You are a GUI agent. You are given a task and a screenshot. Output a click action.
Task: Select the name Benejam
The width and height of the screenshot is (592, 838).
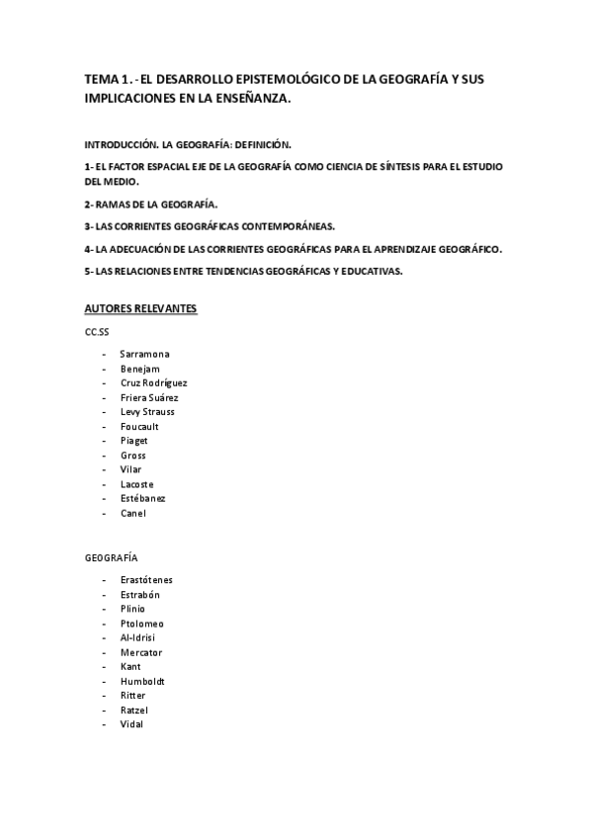[x=139, y=368]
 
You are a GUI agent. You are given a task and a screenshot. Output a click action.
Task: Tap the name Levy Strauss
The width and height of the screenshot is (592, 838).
[x=147, y=411]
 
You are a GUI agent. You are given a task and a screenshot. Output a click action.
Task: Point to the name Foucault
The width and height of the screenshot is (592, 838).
[x=139, y=426]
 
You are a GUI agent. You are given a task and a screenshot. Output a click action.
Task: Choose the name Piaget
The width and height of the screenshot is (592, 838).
[x=134, y=441]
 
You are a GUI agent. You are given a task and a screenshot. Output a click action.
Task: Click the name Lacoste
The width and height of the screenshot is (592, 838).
[x=137, y=484]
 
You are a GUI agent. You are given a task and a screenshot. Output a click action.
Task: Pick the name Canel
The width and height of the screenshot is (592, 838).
[x=132, y=513]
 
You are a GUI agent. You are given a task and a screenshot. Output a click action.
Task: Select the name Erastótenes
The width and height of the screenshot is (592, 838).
[x=146, y=579]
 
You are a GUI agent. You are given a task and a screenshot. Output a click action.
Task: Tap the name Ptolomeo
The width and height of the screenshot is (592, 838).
[x=142, y=623]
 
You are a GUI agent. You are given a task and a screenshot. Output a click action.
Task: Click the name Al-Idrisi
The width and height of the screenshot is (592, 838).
[x=138, y=637]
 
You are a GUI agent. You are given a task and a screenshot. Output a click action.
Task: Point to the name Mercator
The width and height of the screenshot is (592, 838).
[x=141, y=652]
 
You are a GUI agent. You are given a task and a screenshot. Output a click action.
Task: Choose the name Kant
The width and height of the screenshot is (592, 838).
[x=130, y=667]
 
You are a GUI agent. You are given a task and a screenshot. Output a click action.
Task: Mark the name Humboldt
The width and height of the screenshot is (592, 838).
[x=142, y=681]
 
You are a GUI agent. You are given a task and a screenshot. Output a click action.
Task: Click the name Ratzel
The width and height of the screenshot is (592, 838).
[x=134, y=710]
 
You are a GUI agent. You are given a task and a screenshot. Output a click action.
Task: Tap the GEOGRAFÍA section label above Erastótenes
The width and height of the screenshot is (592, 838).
[x=112, y=557]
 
